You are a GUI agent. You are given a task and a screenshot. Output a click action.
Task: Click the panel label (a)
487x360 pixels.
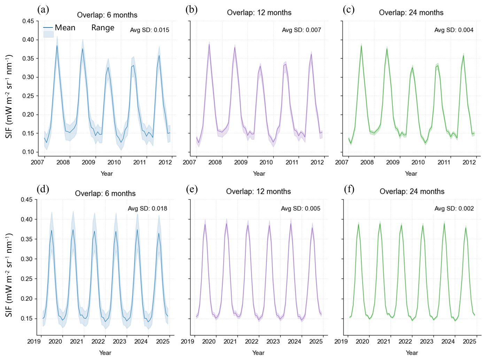coord(43,10)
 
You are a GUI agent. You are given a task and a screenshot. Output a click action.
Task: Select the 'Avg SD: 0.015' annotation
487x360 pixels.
coord(149,30)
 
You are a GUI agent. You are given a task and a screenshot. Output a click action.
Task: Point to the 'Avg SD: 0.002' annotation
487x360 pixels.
coord(454,209)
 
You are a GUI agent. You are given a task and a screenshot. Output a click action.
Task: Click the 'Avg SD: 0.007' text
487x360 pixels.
coord(301,30)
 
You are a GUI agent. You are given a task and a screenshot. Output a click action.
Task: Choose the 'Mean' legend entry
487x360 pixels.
coord(65,28)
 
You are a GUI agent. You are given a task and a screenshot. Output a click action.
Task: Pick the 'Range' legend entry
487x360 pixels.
coord(103,28)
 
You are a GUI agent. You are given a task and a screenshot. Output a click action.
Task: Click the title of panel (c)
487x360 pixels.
coord(411,13)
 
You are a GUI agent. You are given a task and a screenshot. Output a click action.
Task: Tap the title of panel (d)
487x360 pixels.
coord(105,194)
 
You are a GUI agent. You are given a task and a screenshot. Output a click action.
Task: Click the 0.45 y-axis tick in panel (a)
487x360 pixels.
coord(28,21)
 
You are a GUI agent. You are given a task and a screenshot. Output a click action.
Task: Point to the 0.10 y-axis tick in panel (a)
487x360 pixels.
coord(28,152)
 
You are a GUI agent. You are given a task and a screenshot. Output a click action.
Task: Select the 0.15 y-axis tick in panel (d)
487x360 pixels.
coord(26,319)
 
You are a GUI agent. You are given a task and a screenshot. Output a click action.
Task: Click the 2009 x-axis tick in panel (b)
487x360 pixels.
coord(240,162)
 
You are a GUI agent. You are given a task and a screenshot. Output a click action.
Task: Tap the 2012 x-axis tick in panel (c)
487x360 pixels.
coord(469,162)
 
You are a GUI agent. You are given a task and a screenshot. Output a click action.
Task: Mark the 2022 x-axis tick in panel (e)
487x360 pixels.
coord(252,342)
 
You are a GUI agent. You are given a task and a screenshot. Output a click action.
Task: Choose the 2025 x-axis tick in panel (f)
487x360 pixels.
coord(469,342)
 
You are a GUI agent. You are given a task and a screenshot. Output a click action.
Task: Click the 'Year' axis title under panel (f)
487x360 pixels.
coord(412,353)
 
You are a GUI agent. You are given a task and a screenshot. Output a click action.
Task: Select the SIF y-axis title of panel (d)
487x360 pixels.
coord(9,275)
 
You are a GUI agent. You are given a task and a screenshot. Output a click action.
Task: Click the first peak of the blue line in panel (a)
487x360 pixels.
coord(57,46)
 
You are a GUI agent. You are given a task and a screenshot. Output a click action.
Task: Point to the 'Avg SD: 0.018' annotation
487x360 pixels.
coord(147,209)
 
